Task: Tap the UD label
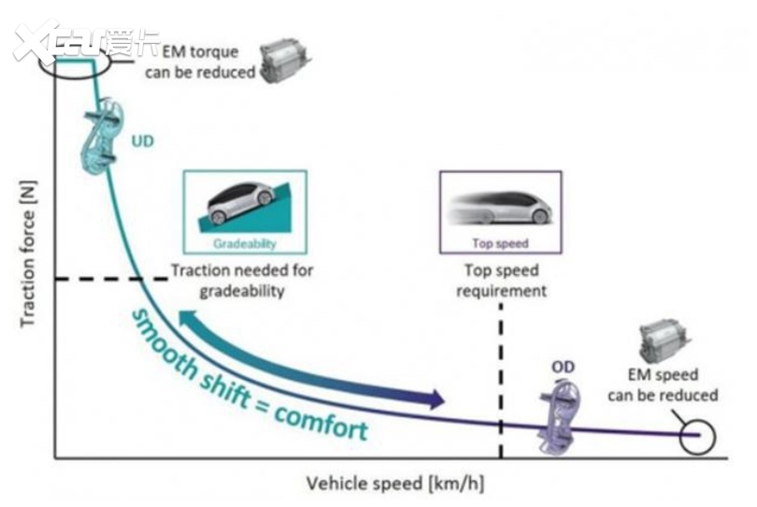(143, 143)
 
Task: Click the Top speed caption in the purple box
(500, 243)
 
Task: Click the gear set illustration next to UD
(108, 139)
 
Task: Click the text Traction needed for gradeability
(241, 281)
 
